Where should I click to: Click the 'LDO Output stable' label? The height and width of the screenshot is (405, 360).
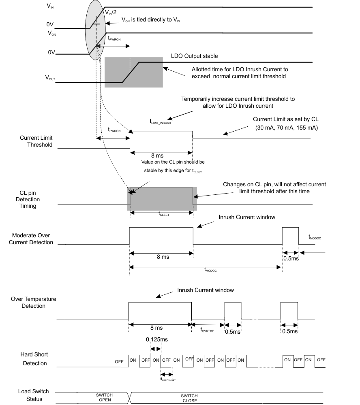(195, 55)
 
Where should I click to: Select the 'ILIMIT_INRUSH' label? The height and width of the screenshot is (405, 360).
(160, 122)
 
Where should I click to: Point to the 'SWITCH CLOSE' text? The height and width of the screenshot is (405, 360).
(189, 398)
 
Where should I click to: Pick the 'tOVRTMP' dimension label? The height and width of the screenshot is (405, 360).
(208, 330)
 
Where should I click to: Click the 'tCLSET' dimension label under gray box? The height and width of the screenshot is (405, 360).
(164, 215)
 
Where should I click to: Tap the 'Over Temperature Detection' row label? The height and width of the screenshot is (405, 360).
(34, 302)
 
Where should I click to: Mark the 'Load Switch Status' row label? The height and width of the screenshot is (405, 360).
(33, 395)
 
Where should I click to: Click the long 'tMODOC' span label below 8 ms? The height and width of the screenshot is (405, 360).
(211, 270)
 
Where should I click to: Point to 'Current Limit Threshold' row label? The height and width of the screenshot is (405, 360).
(36, 141)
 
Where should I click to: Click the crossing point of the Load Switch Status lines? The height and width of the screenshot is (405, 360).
(130, 398)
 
